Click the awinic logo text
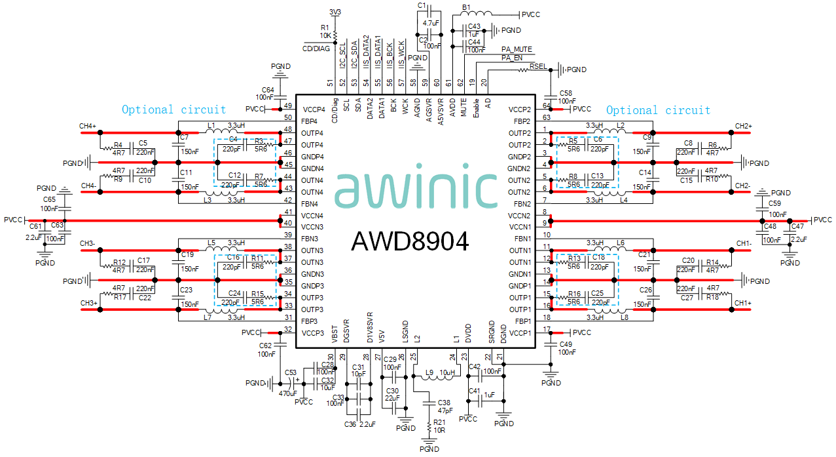click(416, 190)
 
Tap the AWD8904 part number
click(410, 242)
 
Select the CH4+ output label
click(88, 126)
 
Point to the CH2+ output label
click(743, 126)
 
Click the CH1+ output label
click(742, 303)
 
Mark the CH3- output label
click(88, 244)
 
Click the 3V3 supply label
click(335, 12)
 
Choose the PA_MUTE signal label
click(517, 49)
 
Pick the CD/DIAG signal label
click(316, 48)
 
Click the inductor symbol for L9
click(429, 377)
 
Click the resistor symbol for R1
click(335, 33)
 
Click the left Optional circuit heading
click(173, 110)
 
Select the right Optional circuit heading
click(658, 110)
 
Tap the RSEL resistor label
click(538, 66)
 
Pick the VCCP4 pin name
click(314, 109)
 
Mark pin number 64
click(545, 106)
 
